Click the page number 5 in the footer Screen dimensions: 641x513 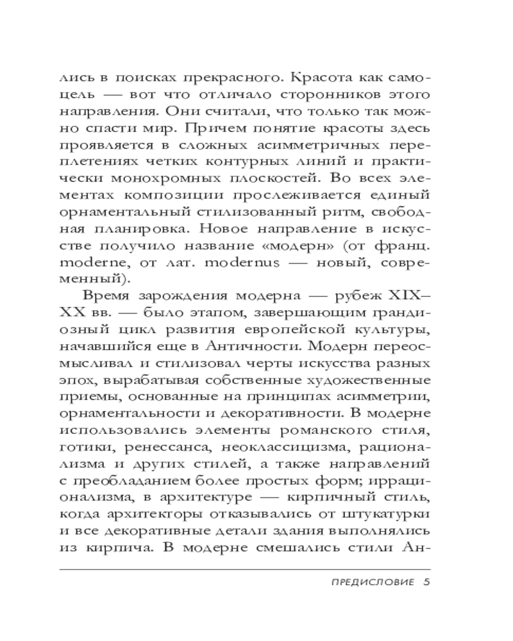tap(426, 583)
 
